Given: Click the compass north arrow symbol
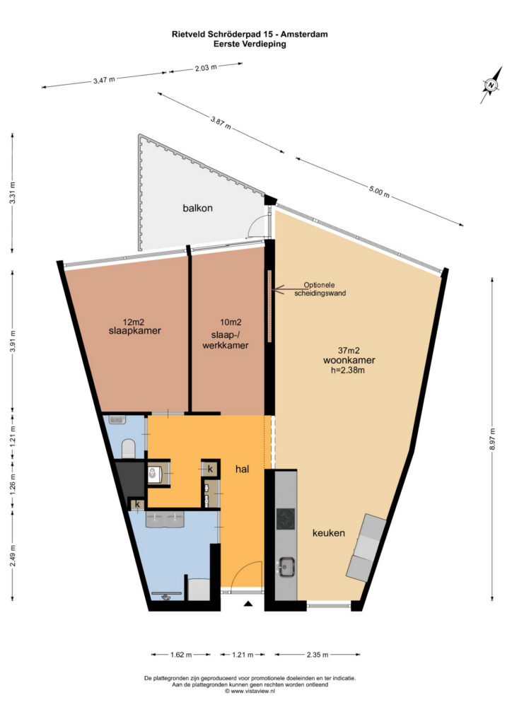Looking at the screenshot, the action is point(491,85).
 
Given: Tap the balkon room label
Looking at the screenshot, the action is point(197,209).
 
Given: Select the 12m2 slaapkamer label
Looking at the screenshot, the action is point(135,327).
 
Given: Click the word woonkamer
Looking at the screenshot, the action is point(349,360).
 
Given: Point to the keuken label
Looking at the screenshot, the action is point(329,533).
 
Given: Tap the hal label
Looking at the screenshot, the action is point(242,469).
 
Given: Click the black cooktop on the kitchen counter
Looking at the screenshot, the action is point(286,518).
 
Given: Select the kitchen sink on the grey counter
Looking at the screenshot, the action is point(286,566).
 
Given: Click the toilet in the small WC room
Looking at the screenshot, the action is point(128,448).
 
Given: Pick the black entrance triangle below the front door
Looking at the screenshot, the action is point(248,603).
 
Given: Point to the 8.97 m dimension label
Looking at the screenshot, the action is point(493,438).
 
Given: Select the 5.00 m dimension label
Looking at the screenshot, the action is point(379,192).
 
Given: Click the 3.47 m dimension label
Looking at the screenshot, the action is point(104,79).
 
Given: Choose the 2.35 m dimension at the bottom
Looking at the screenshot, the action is point(318,654).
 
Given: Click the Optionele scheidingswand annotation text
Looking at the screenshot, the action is point(320,289).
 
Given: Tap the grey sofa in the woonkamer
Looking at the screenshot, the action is point(366,548).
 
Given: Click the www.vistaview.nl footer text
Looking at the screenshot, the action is point(250,691).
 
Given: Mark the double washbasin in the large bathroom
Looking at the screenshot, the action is point(165,519).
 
